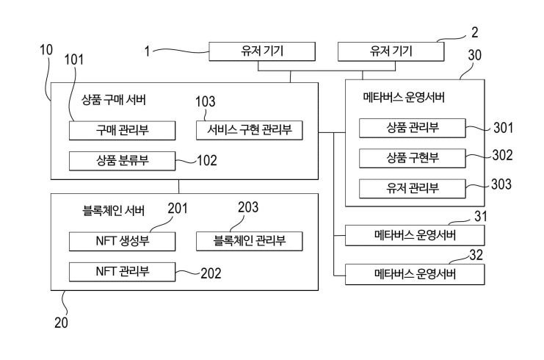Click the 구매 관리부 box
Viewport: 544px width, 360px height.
coord(122,130)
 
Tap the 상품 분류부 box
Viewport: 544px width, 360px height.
coord(122,160)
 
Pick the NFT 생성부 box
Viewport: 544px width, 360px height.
coord(122,240)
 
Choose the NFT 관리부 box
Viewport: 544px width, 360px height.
coord(122,271)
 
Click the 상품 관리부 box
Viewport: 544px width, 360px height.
coord(413,129)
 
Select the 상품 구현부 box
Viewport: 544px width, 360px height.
coord(413,158)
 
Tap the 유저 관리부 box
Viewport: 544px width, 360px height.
coord(413,187)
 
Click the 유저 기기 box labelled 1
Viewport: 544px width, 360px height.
coord(263,51)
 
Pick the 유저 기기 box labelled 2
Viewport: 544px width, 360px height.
coord(391,51)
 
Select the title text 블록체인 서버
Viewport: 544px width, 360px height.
coord(114,211)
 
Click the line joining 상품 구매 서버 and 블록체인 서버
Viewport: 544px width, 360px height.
coord(179,186)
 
